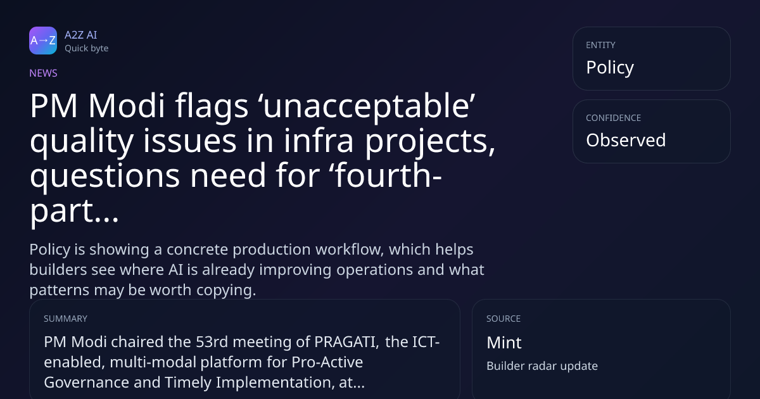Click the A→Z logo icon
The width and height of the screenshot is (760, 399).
(x=43, y=41)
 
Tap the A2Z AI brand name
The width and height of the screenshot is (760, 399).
(x=81, y=35)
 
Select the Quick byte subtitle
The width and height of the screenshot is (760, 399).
(x=87, y=49)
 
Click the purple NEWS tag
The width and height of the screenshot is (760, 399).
(x=44, y=73)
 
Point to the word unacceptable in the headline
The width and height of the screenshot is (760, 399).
(x=369, y=106)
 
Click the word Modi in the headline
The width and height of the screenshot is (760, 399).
(x=127, y=105)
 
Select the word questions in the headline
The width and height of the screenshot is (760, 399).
(x=104, y=177)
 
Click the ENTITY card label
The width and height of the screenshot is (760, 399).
(x=600, y=45)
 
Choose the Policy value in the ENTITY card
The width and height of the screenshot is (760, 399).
(x=610, y=68)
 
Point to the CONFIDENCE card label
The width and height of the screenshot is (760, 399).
(x=614, y=118)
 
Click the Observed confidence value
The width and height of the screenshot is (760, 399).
(x=626, y=140)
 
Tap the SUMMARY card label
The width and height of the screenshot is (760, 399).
(x=65, y=319)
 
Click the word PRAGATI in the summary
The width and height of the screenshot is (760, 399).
(x=346, y=342)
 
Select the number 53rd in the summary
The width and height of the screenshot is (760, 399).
(x=212, y=341)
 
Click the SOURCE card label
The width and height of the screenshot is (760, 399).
(x=503, y=319)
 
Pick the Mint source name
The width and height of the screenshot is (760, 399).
(x=504, y=343)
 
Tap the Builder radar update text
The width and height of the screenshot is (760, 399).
(x=542, y=366)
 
